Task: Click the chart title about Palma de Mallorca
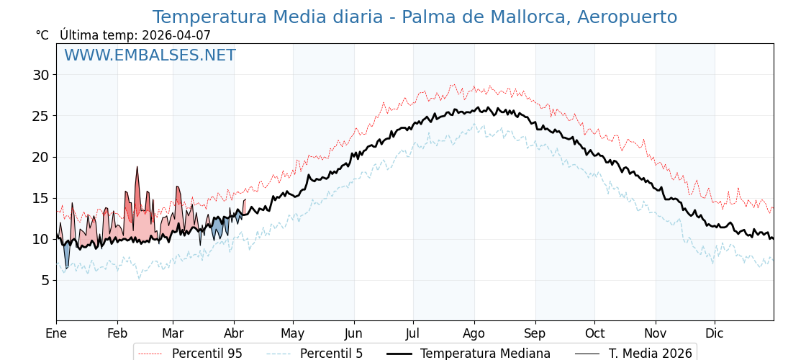point(415,17)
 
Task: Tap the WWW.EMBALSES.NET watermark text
point(150,55)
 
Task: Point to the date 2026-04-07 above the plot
point(176,35)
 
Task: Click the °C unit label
point(42,35)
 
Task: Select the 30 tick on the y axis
point(40,75)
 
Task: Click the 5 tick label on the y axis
point(45,280)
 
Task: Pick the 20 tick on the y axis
point(40,157)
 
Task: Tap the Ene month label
point(56,333)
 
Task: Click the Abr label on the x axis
point(234,333)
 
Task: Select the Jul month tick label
point(413,333)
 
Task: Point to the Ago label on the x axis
point(474,333)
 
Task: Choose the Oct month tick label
point(594,333)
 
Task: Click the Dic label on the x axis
point(715,333)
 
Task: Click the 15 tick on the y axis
point(40,198)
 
